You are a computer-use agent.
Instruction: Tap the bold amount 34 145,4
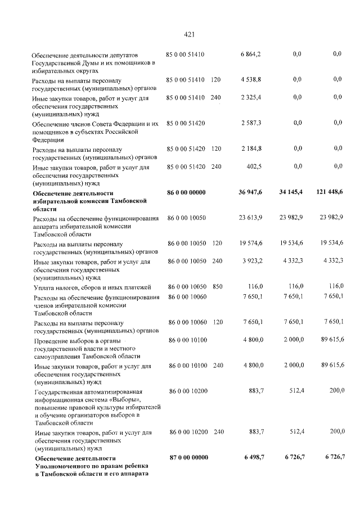(291, 192)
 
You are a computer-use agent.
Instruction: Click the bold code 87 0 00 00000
(188, 458)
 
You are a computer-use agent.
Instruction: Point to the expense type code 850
(217, 287)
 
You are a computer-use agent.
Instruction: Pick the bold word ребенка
(132, 466)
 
